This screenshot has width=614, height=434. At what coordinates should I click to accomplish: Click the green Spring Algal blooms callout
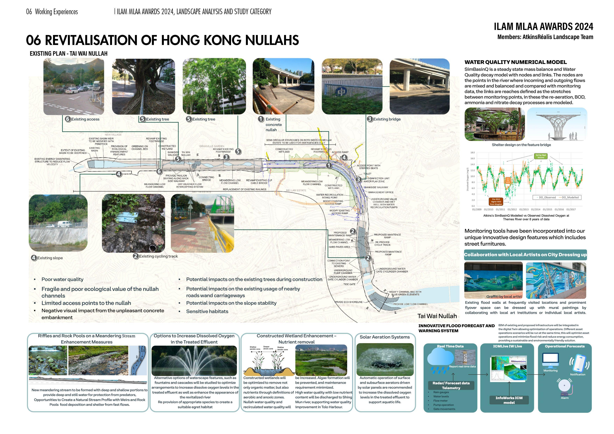tap(541, 156)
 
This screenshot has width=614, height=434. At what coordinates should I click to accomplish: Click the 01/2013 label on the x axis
tap(524, 209)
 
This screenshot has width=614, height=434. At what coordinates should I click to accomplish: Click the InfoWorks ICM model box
tap(509, 400)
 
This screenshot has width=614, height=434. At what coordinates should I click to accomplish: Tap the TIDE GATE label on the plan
tap(349, 284)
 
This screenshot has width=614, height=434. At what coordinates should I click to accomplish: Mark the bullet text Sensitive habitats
tap(207, 311)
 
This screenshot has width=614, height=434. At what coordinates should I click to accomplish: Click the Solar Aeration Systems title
tap(385, 337)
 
